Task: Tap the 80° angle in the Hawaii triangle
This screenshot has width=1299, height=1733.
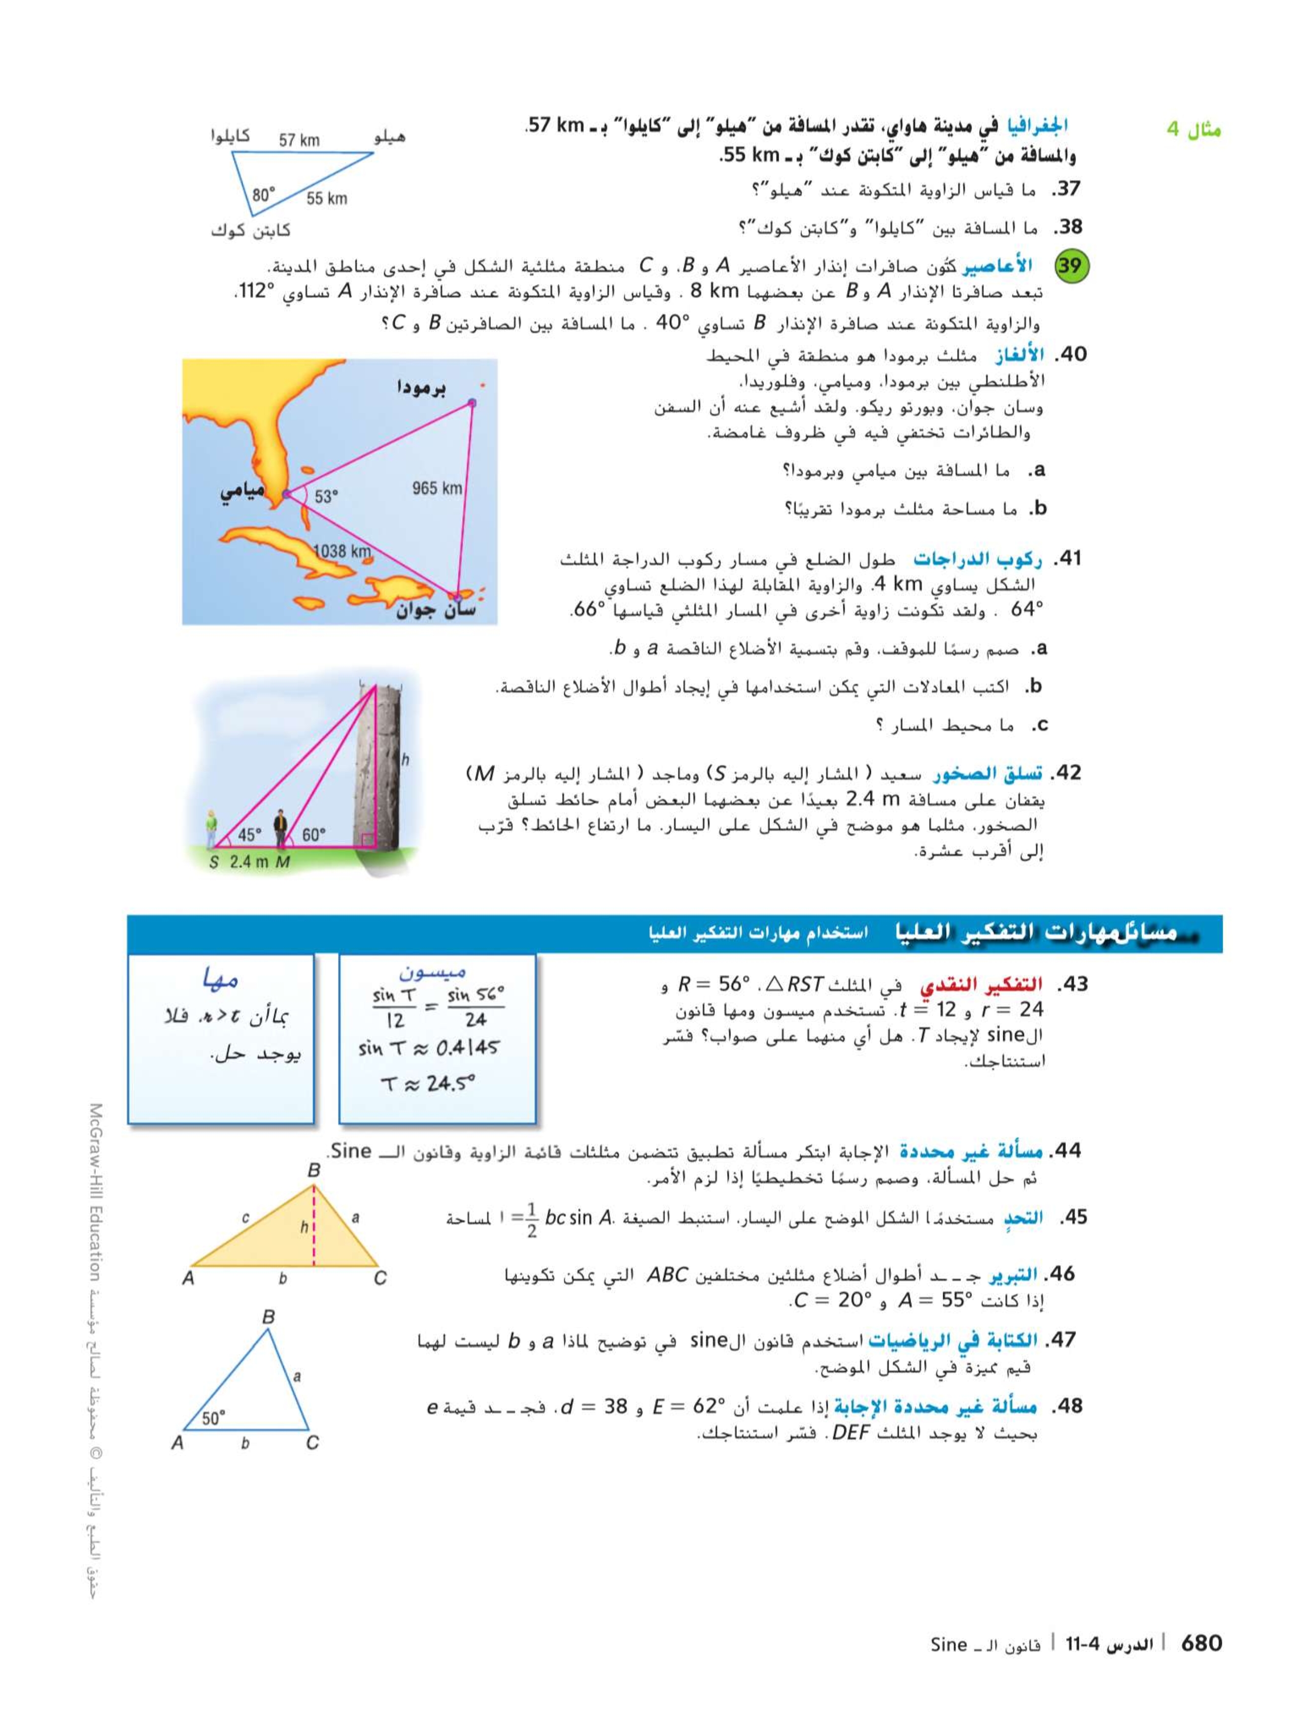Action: pyautogui.click(x=264, y=194)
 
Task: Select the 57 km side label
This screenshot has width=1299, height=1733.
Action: pyautogui.click(x=299, y=140)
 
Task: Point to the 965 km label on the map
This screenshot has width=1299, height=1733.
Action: pyautogui.click(x=437, y=488)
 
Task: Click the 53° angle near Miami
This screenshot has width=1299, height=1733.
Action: pyautogui.click(x=326, y=497)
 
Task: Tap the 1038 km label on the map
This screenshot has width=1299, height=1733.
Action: pyautogui.click(x=341, y=551)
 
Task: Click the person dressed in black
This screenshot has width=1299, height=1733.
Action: pyautogui.click(x=280, y=829)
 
